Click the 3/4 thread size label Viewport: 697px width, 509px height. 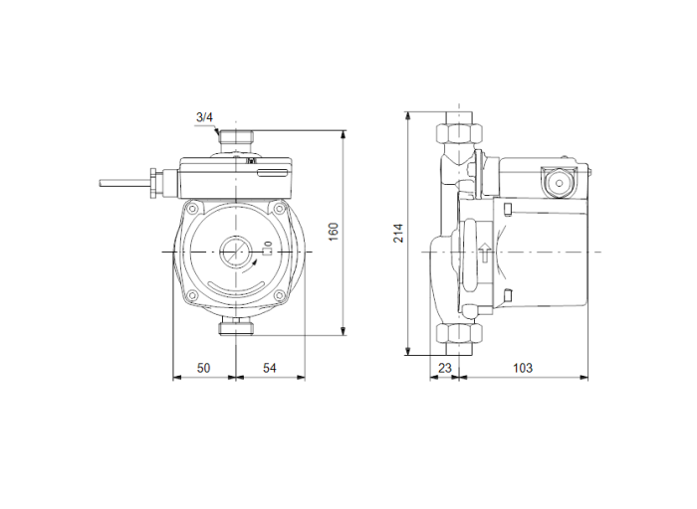[204, 118]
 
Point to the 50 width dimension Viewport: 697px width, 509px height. [203, 368]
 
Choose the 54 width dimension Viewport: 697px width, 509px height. [269, 368]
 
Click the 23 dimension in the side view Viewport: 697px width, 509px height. [445, 368]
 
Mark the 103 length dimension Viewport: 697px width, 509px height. [522, 368]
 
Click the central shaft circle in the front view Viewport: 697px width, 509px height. [236, 252]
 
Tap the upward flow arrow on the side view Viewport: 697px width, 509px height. [483, 252]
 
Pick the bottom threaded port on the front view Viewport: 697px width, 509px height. [236, 328]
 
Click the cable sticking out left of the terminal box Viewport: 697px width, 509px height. [121, 182]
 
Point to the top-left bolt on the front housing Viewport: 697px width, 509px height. [193, 209]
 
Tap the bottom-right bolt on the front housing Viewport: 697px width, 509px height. [281, 295]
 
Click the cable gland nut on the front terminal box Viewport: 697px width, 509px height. [152, 182]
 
